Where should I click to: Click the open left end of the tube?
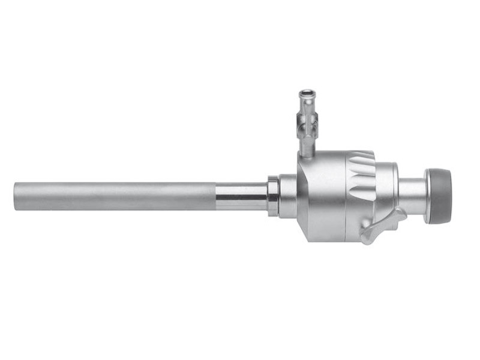(x=16, y=196)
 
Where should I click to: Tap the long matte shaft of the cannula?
(x=114, y=196)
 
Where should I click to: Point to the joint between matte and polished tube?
(x=215, y=196)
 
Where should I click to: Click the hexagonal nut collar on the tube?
(x=273, y=196)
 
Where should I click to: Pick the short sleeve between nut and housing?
(x=287, y=196)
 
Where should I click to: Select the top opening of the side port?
(x=307, y=93)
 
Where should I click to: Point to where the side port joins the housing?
(x=307, y=153)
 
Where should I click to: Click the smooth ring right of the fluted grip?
(x=388, y=192)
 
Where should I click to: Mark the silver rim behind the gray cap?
(x=427, y=196)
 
